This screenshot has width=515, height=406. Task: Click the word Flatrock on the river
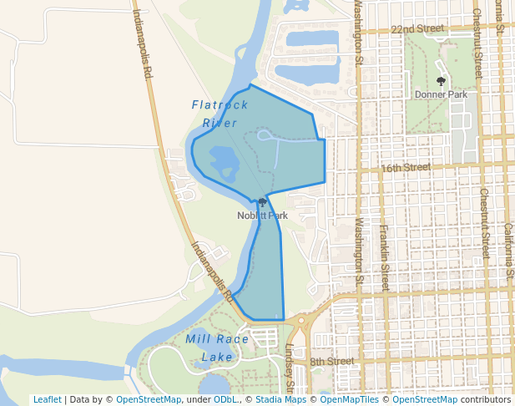[220, 105]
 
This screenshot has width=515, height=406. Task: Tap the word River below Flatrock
[220, 123]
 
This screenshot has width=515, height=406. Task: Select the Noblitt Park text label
[262, 216]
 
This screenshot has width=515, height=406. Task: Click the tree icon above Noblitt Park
[262, 203]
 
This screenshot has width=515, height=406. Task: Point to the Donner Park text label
[441, 94]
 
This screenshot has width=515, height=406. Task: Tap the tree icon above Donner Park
[441, 82]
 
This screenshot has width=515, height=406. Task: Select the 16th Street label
[405, 167]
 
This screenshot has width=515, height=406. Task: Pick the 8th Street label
[332, 362]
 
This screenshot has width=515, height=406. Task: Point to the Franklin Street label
[384, 251]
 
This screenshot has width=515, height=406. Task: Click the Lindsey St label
[290, 368]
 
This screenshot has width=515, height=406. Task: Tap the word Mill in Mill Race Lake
[201, 339]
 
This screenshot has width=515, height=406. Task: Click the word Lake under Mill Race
[217, 358]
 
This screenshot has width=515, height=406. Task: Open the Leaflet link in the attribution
[47, 399]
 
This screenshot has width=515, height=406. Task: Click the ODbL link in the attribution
[225, 399]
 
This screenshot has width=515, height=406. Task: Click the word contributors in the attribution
[486, 399]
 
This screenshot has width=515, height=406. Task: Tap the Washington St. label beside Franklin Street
[361, 251]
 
